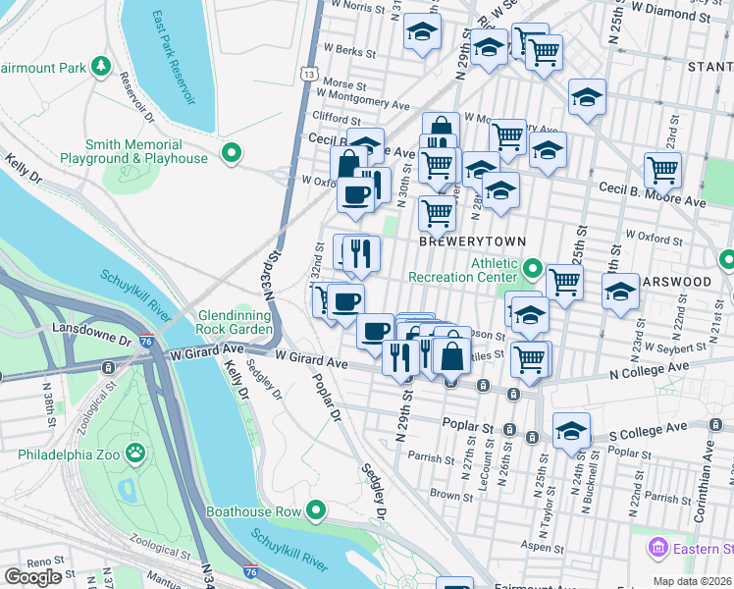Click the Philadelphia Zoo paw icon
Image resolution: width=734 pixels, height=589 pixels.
tap(134, 454)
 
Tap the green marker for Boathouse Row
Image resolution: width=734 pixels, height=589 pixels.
tap(316, 510)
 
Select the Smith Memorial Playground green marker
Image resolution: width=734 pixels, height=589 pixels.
tap(231, 151)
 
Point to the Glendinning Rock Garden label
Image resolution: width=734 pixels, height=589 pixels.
tap(235, 322)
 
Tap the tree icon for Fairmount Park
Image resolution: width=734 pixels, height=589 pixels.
tap(100, 67)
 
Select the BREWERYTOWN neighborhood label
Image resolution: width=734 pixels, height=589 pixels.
tap(473, 241)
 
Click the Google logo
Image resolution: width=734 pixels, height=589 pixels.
tap(32, 577)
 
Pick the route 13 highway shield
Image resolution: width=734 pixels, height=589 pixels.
tap(309, 74)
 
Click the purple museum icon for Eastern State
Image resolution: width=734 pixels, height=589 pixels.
tap(656, 546)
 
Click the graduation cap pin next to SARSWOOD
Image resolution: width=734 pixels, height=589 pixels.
tap(620, 292)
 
